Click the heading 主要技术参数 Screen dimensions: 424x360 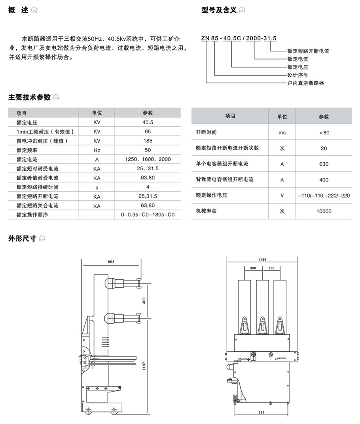(30, 97)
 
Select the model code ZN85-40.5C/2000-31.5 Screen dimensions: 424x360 (239, 38)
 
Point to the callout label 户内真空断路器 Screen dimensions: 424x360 (305, 83)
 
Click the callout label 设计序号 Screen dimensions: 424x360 (297, 75)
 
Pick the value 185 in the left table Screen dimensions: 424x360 (148, 141)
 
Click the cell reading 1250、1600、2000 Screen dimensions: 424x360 (148, 159)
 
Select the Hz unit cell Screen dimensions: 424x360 (97, 150)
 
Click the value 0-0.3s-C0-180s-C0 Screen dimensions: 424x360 (148, 215)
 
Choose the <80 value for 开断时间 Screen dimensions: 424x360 (324, 133)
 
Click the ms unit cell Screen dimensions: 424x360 (282, 133)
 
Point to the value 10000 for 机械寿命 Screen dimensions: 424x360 (324, 211)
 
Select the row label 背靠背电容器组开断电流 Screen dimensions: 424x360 (225, 180)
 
